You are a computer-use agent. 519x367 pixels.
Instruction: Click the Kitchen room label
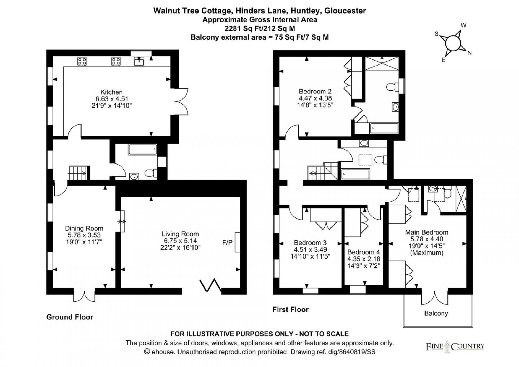point(112,92)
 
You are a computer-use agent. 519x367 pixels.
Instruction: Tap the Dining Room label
point(84,228)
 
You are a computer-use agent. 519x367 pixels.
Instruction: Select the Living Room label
point(180,234)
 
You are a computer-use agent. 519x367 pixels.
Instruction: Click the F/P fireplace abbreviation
point(227,242)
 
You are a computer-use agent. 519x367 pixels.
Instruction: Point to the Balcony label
point(436,313)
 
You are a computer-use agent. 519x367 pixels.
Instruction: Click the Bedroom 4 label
point(364,252)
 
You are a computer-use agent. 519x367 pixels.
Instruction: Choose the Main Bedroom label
point(427,232)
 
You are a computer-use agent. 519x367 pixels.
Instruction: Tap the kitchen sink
point(139,61)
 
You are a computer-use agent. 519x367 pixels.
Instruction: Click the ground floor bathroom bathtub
point(142,150)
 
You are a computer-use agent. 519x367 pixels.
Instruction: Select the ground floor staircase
point(78,173)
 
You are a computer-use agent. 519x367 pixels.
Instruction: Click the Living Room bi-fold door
point(211,285)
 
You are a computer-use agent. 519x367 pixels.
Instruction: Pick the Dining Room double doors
point(84,295)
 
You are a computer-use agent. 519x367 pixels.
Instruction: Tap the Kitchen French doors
point(181,101)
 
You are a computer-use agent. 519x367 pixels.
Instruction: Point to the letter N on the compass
point(469,53)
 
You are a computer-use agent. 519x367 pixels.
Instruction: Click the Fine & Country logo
point(455,347)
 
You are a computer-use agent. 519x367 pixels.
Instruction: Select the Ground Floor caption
point(70,317)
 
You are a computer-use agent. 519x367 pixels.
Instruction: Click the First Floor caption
point(291,310)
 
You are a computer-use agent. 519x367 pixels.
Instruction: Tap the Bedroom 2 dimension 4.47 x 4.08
point(315,98)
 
